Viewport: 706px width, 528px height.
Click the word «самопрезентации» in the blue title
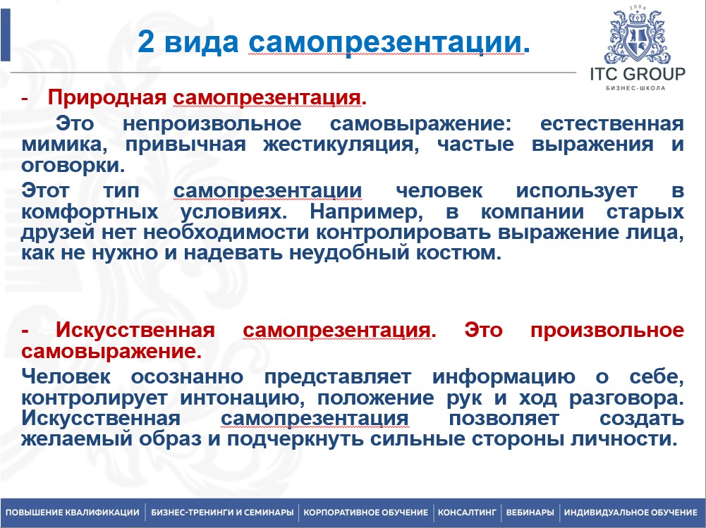[x=387, y=42]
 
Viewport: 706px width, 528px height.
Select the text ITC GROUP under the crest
[x=637, y=74]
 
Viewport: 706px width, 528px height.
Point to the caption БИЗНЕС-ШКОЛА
[x=637, y=88]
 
